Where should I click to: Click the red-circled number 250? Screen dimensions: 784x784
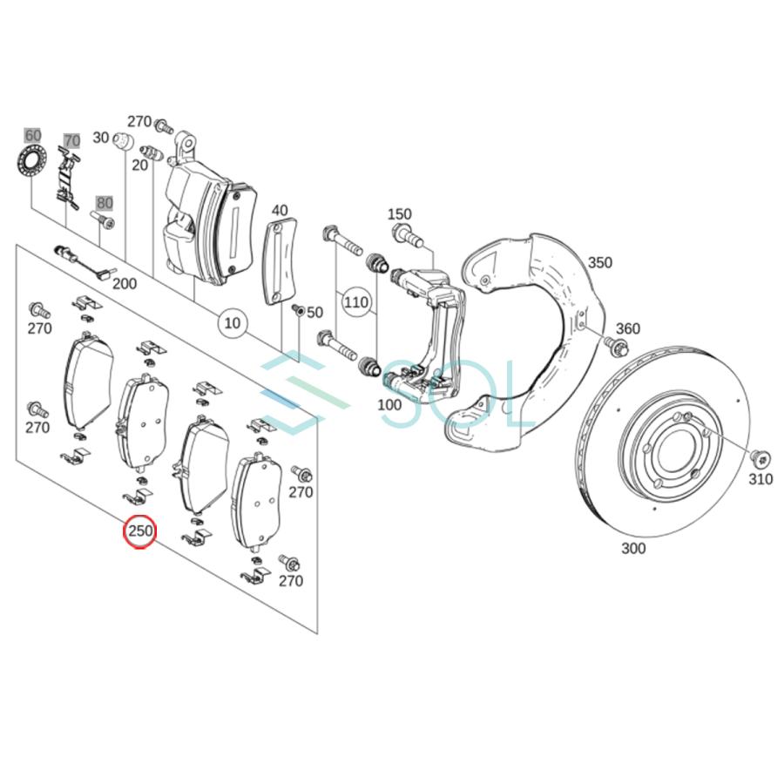tap(140, 531)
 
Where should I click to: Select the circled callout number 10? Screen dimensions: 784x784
tap(232, 323)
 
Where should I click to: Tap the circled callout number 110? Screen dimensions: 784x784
tap(355, 302)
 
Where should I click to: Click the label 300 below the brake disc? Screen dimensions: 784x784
tap(633, 548)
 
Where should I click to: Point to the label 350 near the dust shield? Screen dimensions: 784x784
tap(600, 262)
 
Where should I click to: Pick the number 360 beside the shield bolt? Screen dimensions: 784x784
tap(627, 328)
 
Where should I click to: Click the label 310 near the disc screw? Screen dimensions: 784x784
tap(760, 479)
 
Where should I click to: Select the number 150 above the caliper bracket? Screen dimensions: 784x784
tap(399, 214)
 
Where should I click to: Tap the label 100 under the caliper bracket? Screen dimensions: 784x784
tap(389, 404)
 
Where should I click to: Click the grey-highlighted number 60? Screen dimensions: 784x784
tap(32, 135)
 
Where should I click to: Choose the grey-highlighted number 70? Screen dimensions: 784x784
tap(71, 140)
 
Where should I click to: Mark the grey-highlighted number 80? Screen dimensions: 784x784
tap(105, 203)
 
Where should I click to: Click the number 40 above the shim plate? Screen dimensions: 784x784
tap(279, 210)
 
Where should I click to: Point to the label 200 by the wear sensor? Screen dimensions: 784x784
tap(125, 283)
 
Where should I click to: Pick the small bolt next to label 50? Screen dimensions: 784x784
tap(298, 311)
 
